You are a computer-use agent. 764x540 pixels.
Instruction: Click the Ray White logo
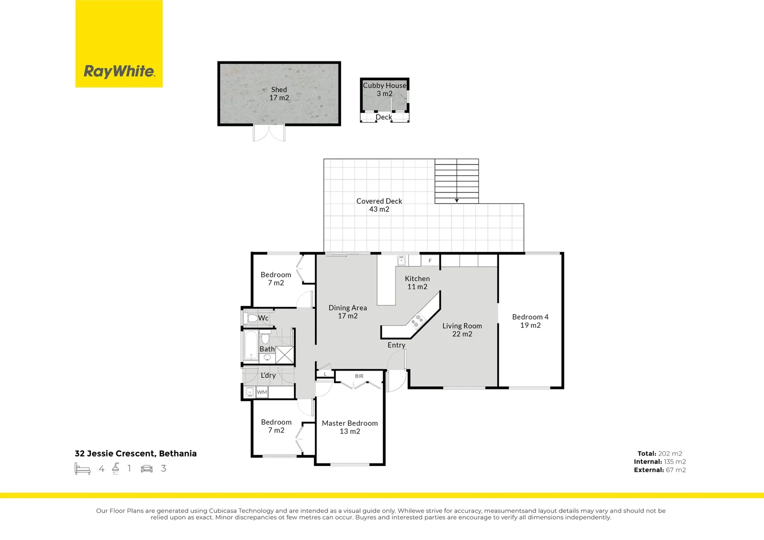click(119, 71)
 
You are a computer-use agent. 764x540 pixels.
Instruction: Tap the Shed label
click(279, 93)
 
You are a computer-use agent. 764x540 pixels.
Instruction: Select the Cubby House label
click(384, 89)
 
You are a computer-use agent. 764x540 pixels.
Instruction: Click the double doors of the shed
click(269, 133)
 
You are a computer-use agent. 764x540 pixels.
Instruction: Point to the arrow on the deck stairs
click(456, 200)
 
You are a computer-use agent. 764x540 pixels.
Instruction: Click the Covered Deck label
click(379, 205)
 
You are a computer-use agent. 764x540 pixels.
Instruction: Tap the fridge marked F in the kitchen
click(430, 260)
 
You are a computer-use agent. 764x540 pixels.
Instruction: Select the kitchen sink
click(401, 260)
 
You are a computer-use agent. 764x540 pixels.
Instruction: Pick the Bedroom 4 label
click(530, 321)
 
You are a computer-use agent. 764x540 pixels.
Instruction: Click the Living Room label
click(462, 329)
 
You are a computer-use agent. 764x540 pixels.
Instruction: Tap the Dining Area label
click(347, 311)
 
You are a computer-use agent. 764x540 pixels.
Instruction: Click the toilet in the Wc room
click(252, 318)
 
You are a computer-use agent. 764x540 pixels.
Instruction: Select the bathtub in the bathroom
click(250, 345)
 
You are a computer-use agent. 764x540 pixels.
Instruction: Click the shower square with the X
click(284, 354)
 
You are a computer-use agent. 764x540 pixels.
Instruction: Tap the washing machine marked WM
click(262, 392)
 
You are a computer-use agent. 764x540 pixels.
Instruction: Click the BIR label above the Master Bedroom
click(359, 376)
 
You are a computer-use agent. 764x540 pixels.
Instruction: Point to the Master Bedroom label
click(349, 427)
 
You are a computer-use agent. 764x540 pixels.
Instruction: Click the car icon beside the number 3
click(146, 468)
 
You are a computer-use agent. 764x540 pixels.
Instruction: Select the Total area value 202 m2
click(669, 453)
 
